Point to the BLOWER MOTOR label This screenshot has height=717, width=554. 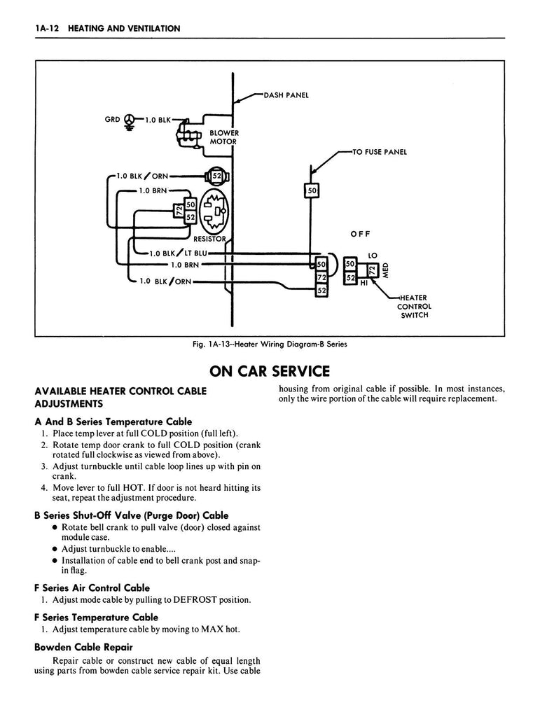[224, 137]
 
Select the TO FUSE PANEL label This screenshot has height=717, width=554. [382, 152]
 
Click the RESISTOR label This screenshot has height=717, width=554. [210, 239]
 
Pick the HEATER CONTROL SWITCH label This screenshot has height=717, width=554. [414, 306]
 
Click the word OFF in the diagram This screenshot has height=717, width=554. [359, 234]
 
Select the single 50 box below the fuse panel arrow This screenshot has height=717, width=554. [312, 190]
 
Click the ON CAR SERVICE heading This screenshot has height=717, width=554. [270, 370]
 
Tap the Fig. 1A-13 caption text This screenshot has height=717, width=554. [270, 344]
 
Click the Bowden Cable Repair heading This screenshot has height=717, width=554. [83, 646]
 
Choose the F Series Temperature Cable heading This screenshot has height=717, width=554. [96, 617]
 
